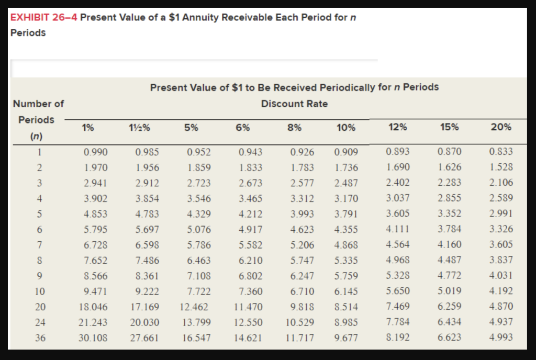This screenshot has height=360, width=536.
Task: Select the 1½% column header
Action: [x=140, y=127]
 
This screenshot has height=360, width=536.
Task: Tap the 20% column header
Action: [x=501, y=127]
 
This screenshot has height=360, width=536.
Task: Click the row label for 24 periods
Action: [x=40, y=322]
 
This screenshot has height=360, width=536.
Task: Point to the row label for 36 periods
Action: [x=40, y=338]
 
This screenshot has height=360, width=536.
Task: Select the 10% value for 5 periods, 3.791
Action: [x=346, y=213]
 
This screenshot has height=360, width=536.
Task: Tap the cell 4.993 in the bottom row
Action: [x=501, y=337]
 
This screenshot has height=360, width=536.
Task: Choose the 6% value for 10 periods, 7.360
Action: [x=250, y=291]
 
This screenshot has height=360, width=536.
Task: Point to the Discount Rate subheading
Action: [x=294, y=104]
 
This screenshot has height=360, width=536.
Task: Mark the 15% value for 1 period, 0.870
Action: [x=450, y=152]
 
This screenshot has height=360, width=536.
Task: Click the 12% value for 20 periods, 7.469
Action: [x=398, y=306]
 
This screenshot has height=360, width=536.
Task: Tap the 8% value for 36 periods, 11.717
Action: [x=300, y=338]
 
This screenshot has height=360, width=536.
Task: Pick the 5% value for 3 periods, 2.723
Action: [x=199, y=183]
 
